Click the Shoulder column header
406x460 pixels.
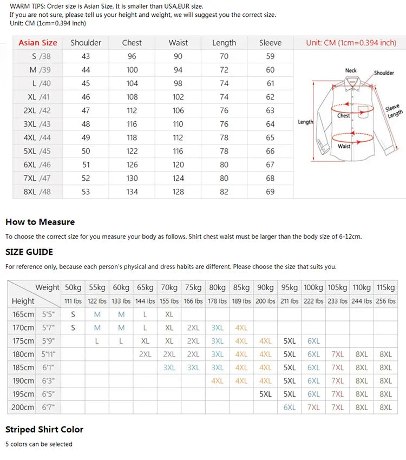coord(86,43)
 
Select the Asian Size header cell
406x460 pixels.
coord(37,43)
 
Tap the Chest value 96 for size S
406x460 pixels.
coord(132,56)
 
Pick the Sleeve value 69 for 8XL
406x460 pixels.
coord(270,192)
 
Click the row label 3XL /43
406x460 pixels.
coord(37,124)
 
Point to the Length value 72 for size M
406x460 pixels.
coord(224,70)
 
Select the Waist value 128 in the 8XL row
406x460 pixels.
coord(178,192)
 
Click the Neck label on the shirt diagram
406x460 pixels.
coord(351,70)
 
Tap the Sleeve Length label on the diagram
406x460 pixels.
coord(394,111)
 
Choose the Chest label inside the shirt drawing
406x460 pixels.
coord(344,115)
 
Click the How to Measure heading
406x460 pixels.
coord(40,222)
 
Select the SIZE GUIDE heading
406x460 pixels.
coord(29,252)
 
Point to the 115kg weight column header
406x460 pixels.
coord(385,287)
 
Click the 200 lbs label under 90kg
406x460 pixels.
coord(265,301)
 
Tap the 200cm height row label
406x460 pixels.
coord(23,408)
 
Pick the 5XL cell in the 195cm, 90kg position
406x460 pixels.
coord(265,394)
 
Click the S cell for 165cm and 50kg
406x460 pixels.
coord(73,314)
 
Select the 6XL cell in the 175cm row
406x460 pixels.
coord(313,341)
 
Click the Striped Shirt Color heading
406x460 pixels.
coord(44,429)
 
